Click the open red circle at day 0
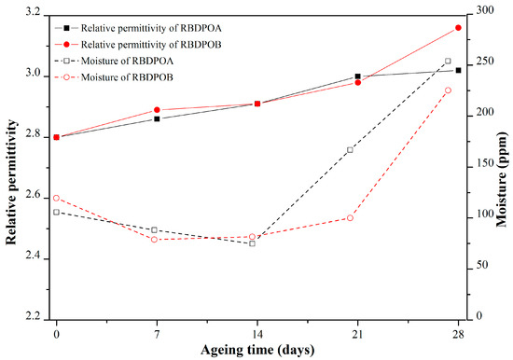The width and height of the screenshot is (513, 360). tap(56, 198)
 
